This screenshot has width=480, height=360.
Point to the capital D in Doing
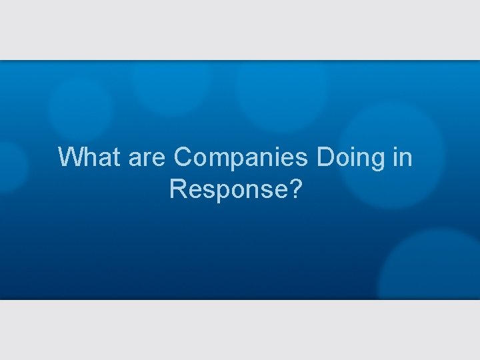click(x=326, y=158)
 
